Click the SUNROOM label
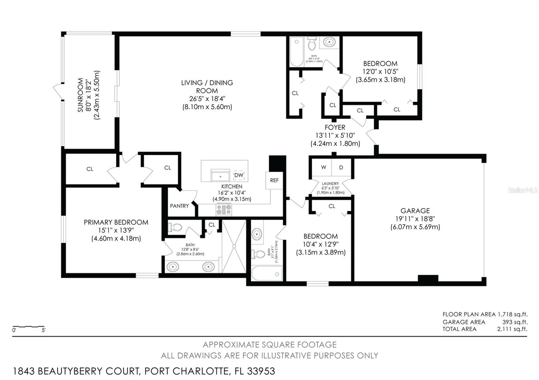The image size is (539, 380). click(x=81, y=95)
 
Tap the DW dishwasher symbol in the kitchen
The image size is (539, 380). click(x=239, y=175)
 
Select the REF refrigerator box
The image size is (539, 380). click(x=274, y=180)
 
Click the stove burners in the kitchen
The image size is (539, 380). click(x=224, y=209)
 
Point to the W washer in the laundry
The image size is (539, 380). click(x=323, y=167)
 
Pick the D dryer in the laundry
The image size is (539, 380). click(x=341, y=168)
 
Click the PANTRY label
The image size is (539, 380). click(x=179, y=206)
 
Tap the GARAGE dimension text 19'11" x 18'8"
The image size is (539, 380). click(x=415, y=219)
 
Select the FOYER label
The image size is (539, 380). click(x=335, y=128)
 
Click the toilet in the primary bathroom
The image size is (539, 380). click(x=175, y=227)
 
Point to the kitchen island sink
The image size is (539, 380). click(x=220, y=177)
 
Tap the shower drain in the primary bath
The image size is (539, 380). click(x=234, y=246)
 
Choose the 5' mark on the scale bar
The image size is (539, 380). click(x=44, y=330)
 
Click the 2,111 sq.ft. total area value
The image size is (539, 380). click(x=512, y=329)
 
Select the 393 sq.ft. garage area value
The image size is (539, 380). click(x=515, y=322)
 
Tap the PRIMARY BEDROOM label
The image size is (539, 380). click(x=116, y=222)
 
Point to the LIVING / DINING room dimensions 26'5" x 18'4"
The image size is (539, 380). click(x=207, y=99)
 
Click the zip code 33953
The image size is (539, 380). click(x=261, y=371)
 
